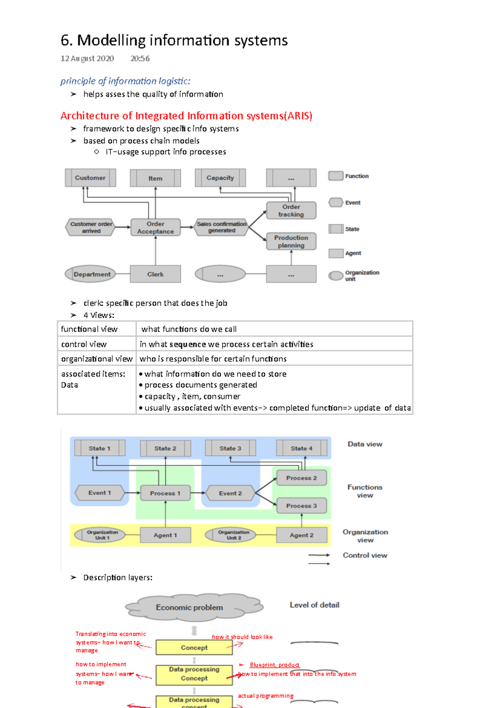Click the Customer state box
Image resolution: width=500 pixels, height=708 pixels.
[x=90, y=178]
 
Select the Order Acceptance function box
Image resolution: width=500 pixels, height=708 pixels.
[x=155, y=228]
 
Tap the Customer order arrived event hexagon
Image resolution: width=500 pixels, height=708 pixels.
[x=91, y=227]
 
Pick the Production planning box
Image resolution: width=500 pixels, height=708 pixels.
[x=291, y=241]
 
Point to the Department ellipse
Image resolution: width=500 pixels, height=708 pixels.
[x=91, y=274]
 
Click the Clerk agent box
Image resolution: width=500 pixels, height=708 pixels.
[x=155, y=274]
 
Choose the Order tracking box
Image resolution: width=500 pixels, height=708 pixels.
[x=291, y=211]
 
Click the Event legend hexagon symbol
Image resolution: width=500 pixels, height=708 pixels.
[x=335, y=203]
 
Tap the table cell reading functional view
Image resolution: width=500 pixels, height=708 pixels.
[x=90, y=329]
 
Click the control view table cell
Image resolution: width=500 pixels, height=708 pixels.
[x=84, y=344]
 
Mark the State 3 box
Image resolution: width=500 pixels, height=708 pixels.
[x=230, y=448]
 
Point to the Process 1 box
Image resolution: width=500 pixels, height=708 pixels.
[x=165, y=493]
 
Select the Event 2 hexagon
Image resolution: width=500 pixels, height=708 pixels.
[x=230, y=493]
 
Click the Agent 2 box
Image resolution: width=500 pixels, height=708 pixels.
[x=302, y=535]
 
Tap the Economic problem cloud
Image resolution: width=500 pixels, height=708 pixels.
[x=190, y=608]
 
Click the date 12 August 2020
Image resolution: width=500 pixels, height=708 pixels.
[x=87, y=59]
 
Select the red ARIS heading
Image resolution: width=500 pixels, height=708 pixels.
[x=186, y=116]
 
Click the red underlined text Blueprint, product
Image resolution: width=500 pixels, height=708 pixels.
[x=275, y=665]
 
